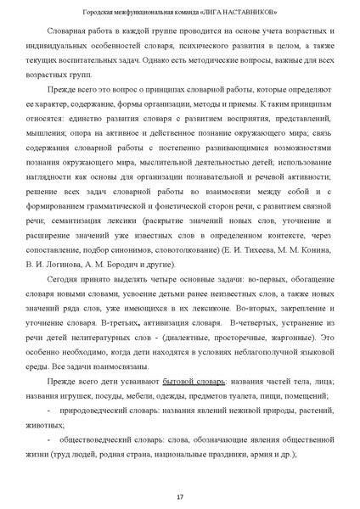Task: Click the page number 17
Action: pyautogui.click(x=180, y=495)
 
